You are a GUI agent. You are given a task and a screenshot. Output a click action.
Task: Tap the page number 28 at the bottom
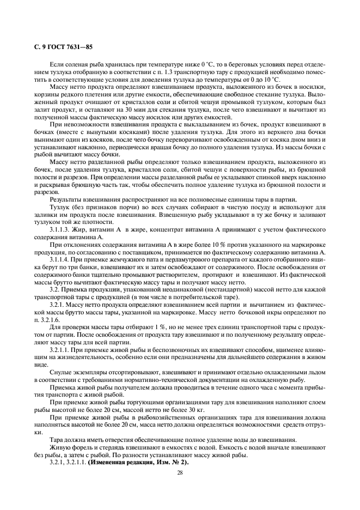pyautogui.click(x=179, y=472)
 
